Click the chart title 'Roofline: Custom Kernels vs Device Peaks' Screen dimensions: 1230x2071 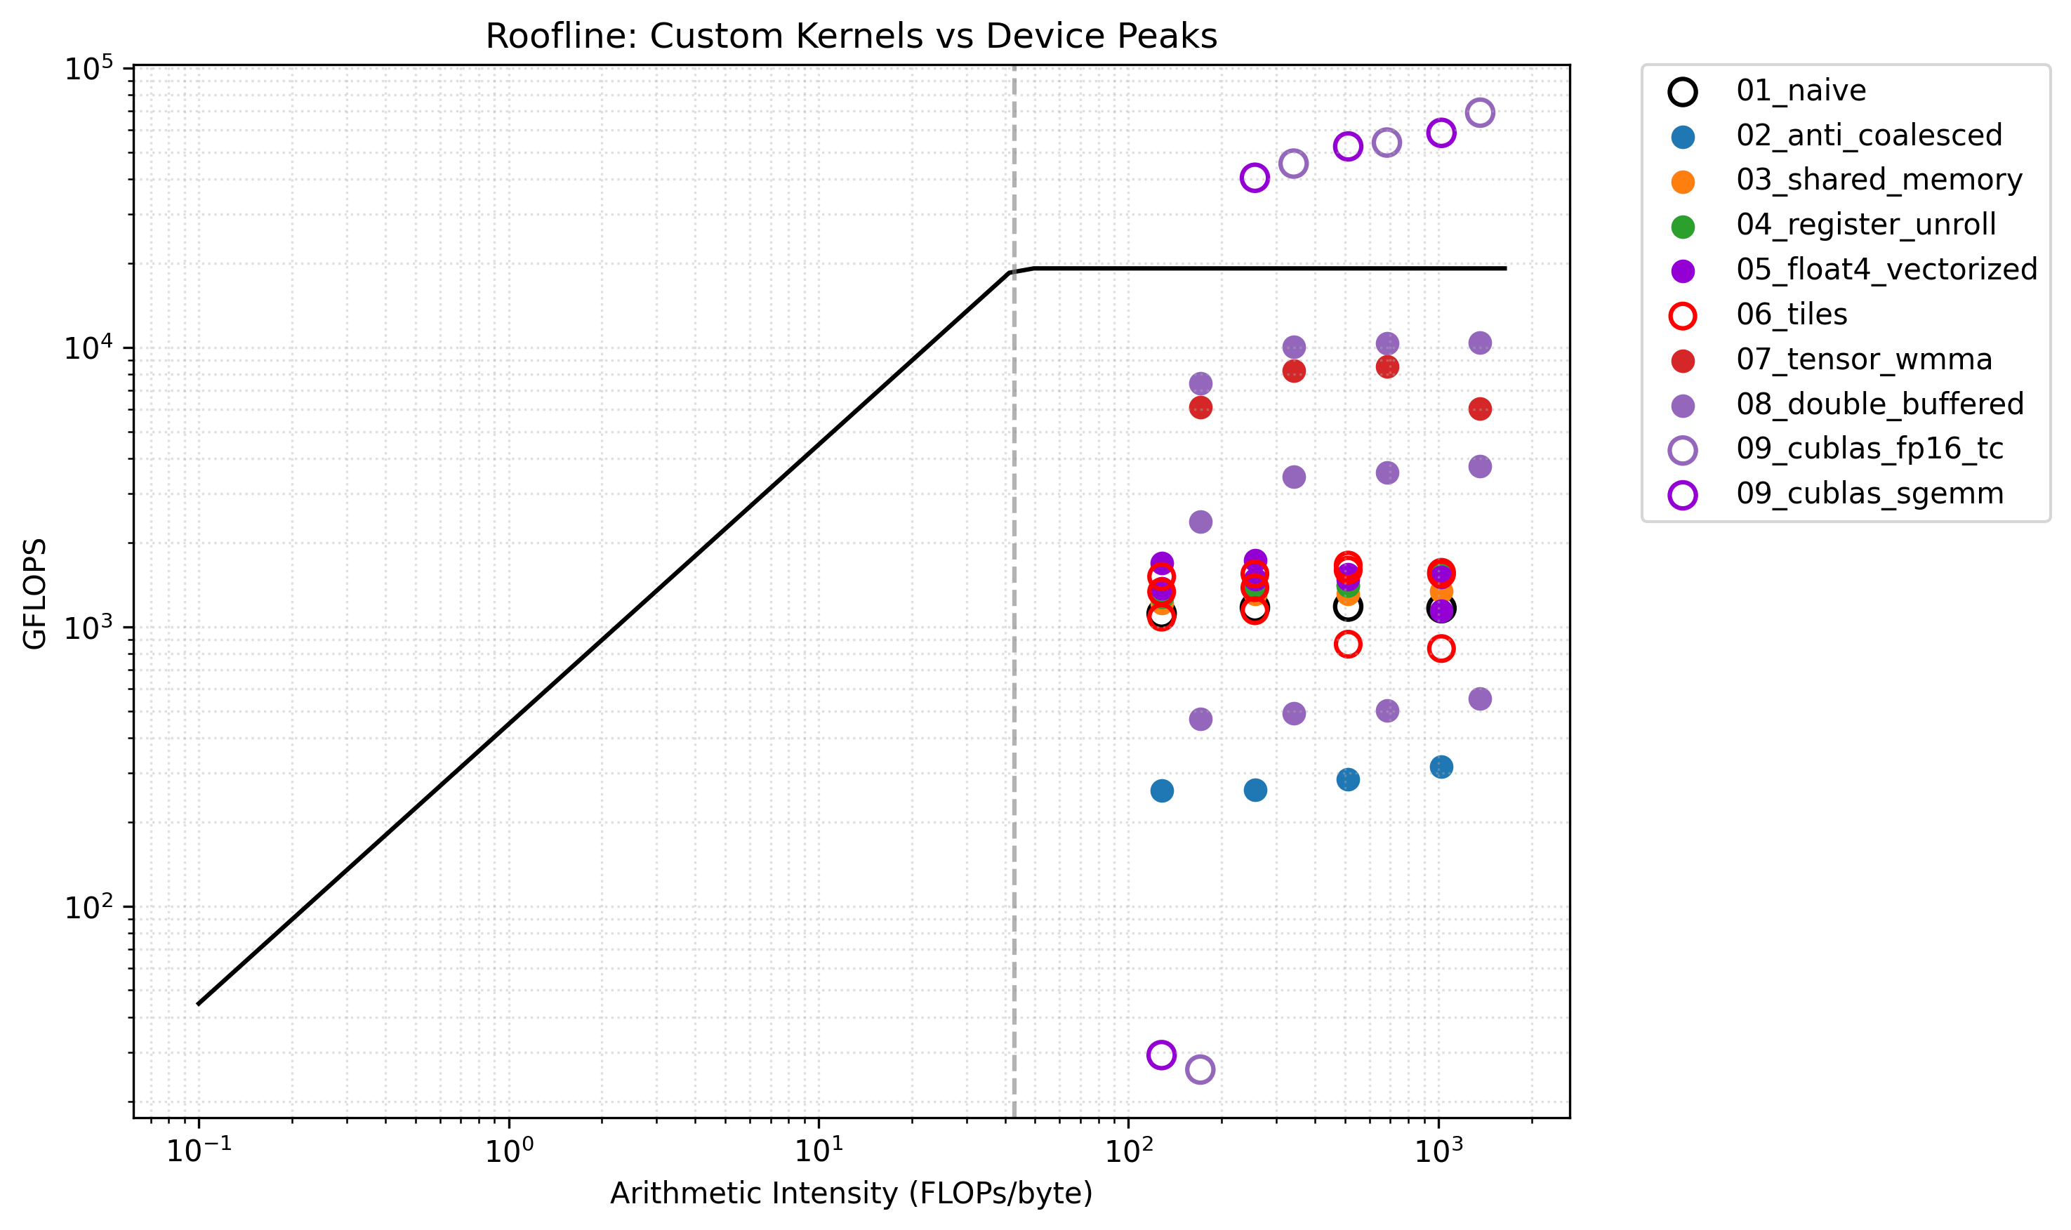coord(850,37)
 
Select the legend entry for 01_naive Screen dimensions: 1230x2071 coord(1800,91)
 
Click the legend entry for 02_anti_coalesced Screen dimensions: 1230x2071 coord(1868,135)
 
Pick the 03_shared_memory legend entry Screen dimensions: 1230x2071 coord(1878,180)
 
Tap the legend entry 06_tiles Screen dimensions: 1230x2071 coord(1791,315)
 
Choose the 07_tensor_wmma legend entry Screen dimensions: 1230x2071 coord(1863,359)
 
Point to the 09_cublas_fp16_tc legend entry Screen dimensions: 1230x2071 coord(1869,449)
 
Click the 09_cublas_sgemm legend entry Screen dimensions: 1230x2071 coord(1869,494)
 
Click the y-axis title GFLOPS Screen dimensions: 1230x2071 coord(35,593)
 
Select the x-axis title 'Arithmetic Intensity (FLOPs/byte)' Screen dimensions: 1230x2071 coord(850,1193)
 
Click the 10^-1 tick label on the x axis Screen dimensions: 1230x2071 coord(199,1152)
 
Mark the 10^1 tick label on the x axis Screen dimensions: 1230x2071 coord(819,1152)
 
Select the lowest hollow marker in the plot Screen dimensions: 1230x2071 coord(1199,1069)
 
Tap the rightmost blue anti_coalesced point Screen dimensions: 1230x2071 coord(1441,767)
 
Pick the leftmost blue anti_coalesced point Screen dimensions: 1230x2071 coord(1161,791)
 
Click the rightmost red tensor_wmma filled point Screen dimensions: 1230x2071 coord(1479,409)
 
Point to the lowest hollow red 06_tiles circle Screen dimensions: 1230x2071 coord(1441,648)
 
